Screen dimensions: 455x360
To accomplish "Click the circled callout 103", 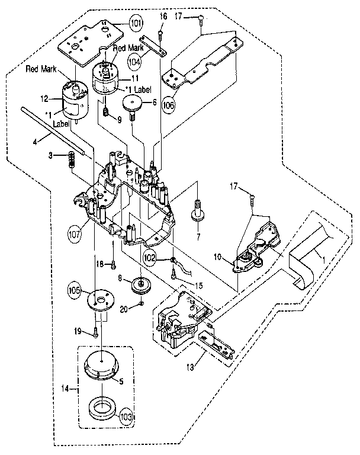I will pyautogui.click(x=126, y=416).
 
